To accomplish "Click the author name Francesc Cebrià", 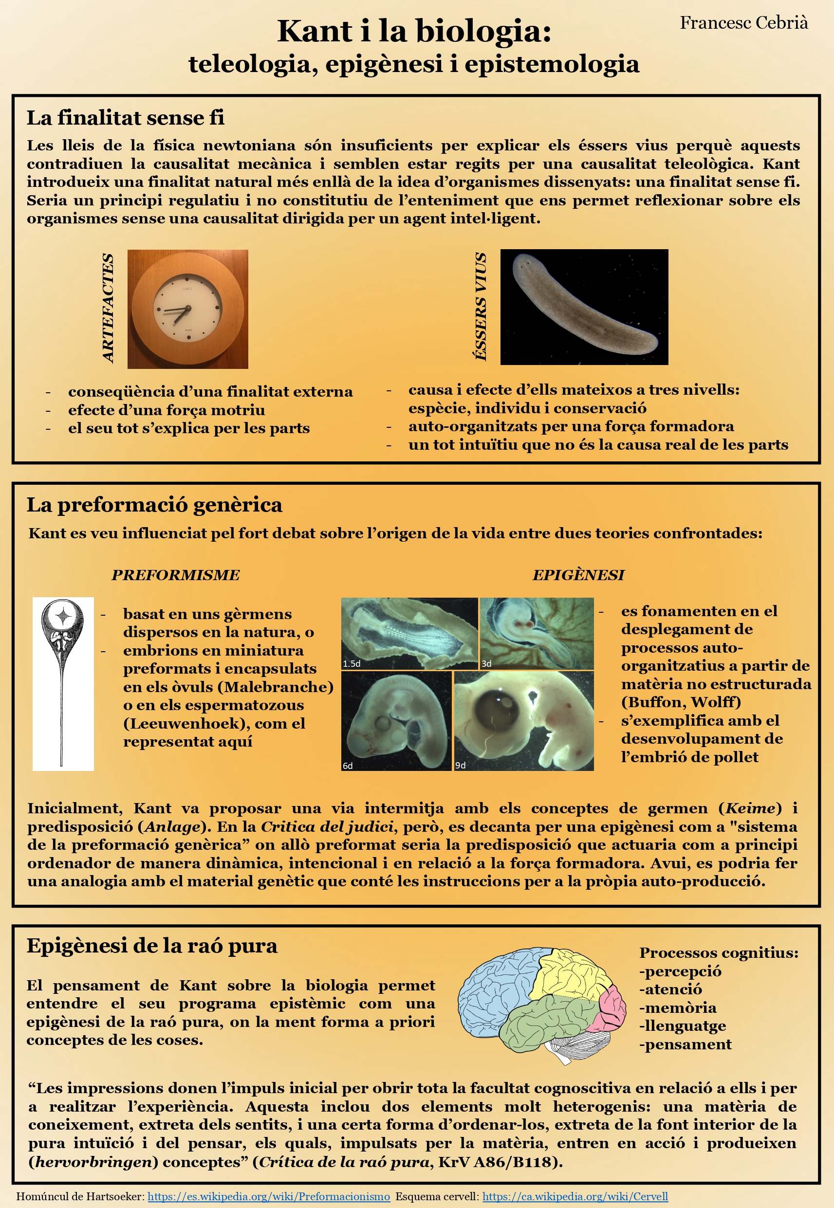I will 743,23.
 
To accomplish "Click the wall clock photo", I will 187,309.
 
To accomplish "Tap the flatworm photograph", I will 584,307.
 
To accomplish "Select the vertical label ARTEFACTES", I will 108,308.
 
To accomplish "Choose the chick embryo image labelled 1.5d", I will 409,633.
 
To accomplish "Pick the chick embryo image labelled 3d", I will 536,633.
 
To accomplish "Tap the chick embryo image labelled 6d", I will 396,720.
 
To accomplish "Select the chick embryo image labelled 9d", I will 523,720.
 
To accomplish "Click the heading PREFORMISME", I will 176,575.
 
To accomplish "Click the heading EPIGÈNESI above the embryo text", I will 578,575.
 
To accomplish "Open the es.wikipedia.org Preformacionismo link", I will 269,1196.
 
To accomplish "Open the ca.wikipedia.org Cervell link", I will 575,1196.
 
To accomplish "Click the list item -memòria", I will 677,1007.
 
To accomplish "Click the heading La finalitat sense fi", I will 126,118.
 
